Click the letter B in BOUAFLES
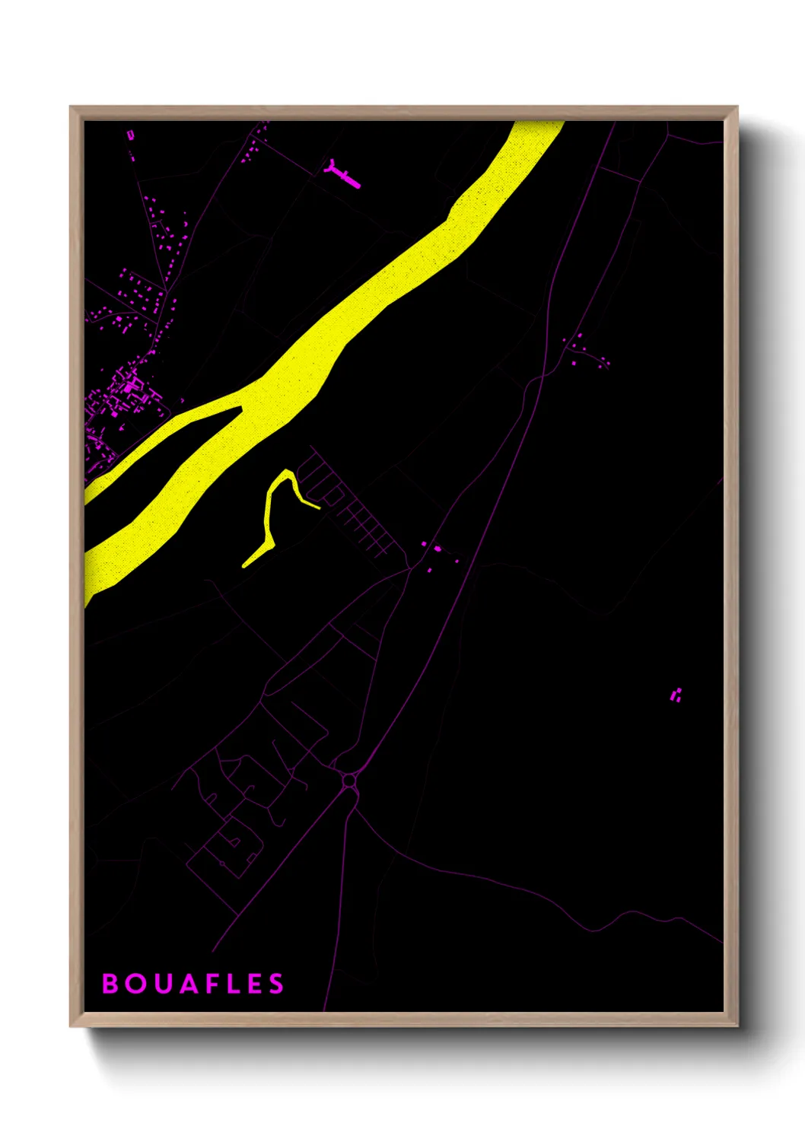[110, 984]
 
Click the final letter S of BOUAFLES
[276, 984]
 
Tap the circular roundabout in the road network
[349, 781]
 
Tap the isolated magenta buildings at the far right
[676, 695]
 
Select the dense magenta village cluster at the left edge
[122, 396]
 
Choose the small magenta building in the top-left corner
[130, 135]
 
